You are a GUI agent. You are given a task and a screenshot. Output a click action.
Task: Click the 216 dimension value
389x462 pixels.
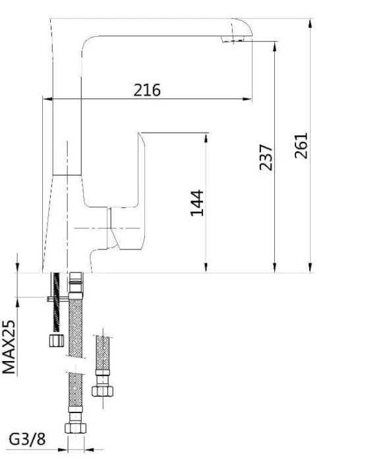click(147, 90)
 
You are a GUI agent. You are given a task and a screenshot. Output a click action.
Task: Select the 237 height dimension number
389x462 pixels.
click(266, 157)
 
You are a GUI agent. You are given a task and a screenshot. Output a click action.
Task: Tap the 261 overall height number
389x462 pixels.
click(301, 146)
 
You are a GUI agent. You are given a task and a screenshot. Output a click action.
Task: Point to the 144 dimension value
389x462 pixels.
click(197, 203)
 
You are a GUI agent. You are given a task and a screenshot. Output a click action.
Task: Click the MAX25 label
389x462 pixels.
click(9, 346)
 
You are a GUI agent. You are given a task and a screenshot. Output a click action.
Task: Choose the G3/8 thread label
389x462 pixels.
click(28, 439)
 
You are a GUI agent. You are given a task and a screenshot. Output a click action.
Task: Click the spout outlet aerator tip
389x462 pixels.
click(233, 39)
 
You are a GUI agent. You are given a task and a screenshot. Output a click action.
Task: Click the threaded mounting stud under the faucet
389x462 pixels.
click(56, 302)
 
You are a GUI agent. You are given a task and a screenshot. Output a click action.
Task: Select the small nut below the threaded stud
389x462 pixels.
click(57, 341)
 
